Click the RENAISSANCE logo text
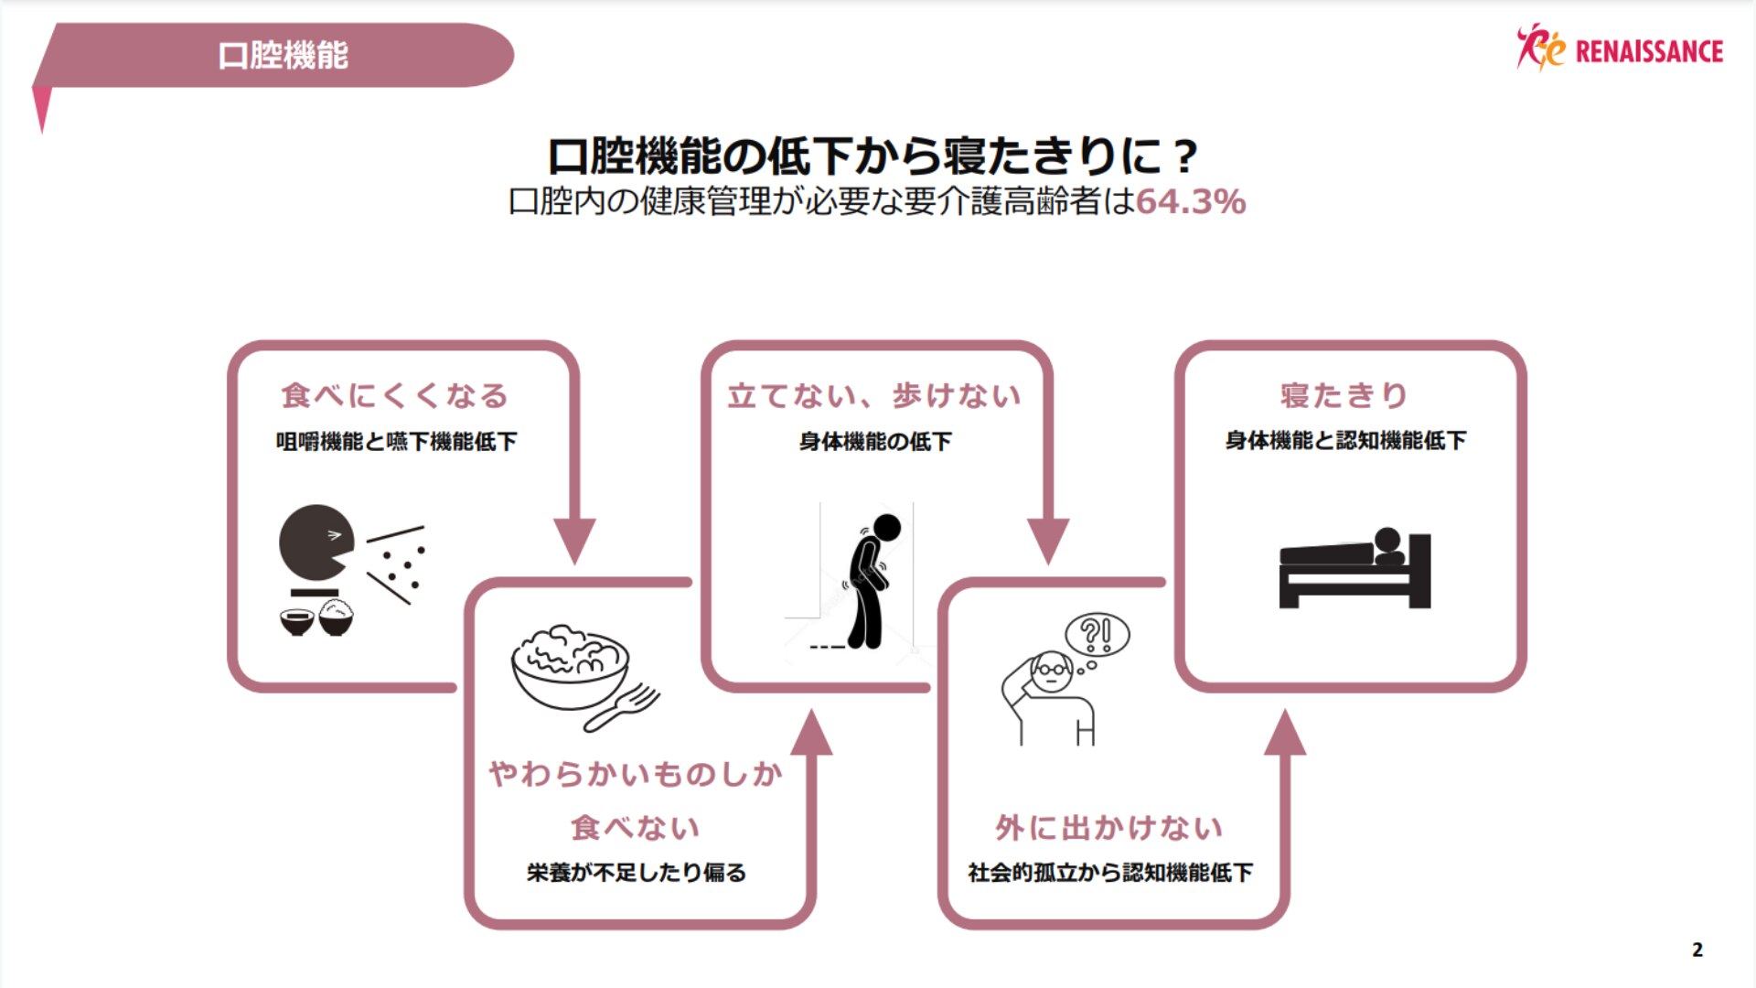(x=1648, y=51)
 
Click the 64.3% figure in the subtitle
(x=1190, y=202)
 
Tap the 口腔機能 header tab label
(x=283, y=56)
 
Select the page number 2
(x=1697, y=950)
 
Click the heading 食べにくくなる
(x=394, y=396)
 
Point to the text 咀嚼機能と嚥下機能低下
(x=396, y=442)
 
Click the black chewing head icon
(x=314, y=542)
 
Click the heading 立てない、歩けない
(x=874, y=396)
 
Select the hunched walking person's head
(x=886, y=527)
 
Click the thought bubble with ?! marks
(x=1097, y=634)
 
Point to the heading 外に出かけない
(x=1109, y=828)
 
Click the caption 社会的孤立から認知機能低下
(x=1110, y=873)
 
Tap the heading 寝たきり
(x=1344, y=396)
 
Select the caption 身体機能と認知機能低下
(x=1345, y=441)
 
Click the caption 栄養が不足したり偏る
(x=637, y=873)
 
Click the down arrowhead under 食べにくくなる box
(x=574, y=540)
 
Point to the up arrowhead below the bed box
(x=1285, y=734)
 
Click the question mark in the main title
(x=1185, y=157)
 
